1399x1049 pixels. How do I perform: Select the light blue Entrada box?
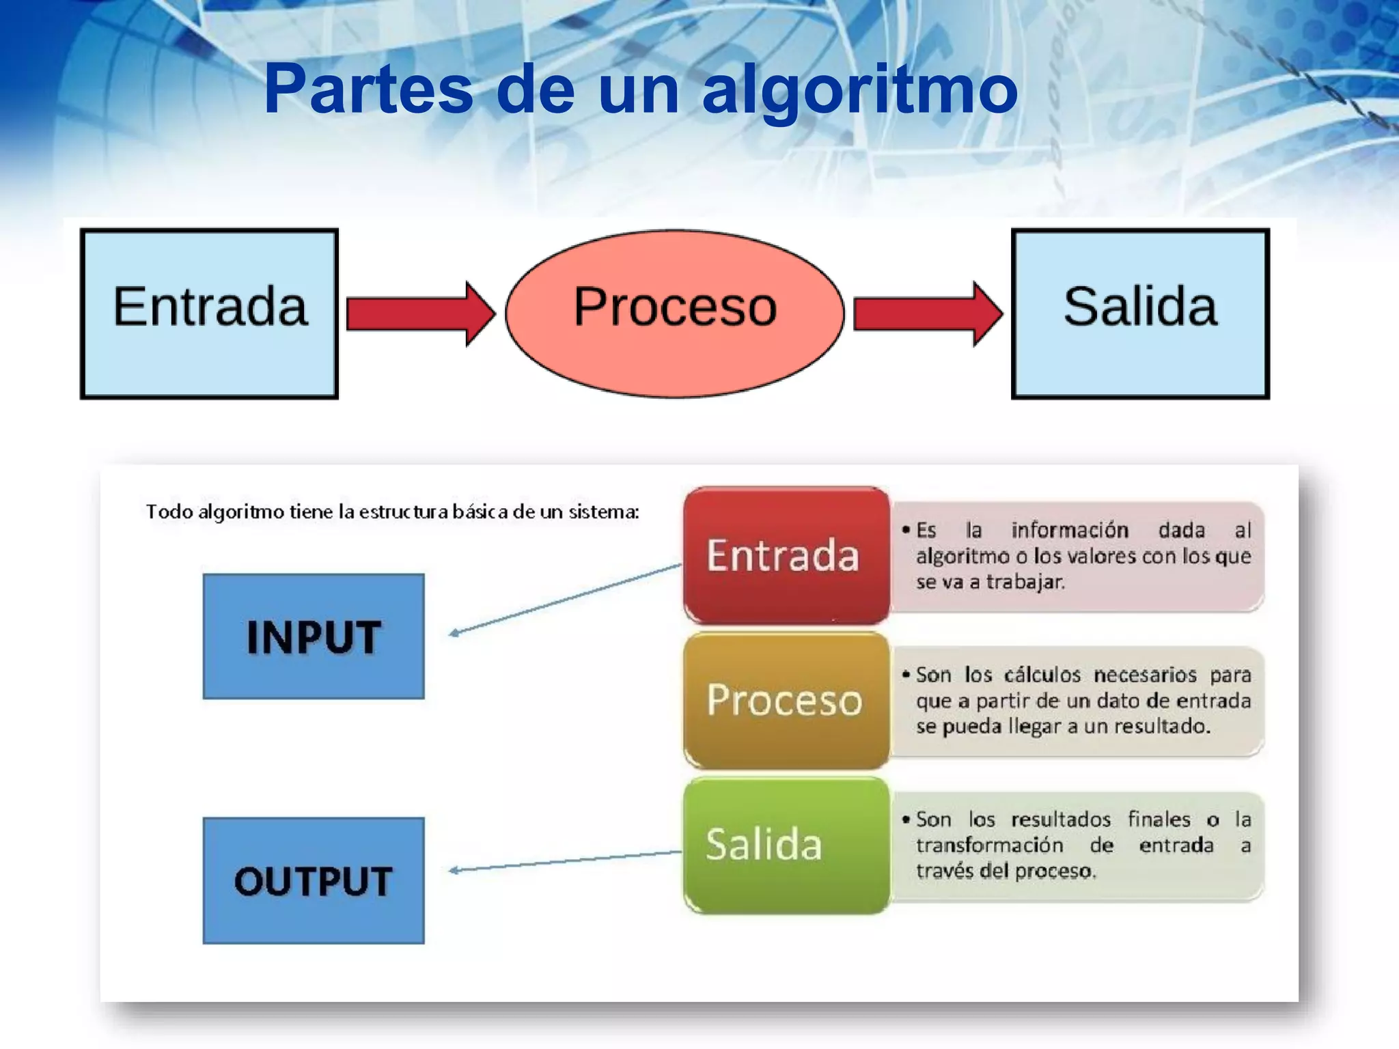(209, 313)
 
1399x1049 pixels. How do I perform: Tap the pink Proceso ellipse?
(675, 313)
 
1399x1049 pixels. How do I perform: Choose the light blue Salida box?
(1140, 313)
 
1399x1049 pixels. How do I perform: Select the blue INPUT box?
(314, 637)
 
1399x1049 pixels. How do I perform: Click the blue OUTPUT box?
(314, 880)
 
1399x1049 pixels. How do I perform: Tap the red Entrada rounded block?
(786, 555)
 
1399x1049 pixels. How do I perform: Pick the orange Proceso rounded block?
(786, 701)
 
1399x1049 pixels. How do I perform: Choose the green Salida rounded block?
(786, 845)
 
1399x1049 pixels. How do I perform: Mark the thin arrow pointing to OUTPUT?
(565, 861)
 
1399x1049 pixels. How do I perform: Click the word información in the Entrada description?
(1070, 530)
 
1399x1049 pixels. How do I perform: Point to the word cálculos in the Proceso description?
(1042, 675)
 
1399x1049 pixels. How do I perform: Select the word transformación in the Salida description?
(990, 845)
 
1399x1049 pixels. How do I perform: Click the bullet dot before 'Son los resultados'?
(906, 819)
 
